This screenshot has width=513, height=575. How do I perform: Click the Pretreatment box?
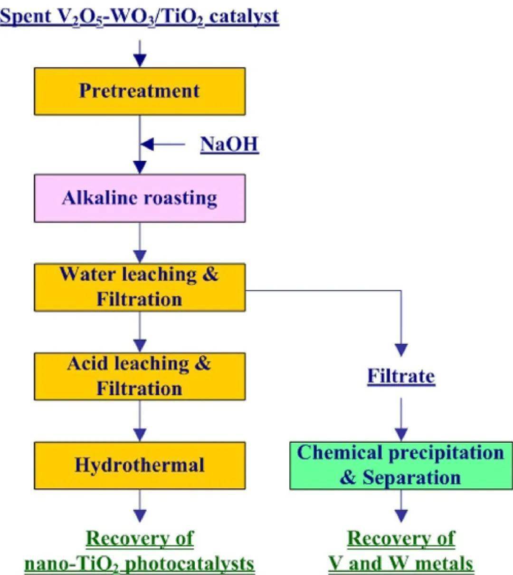[x=140, y=91]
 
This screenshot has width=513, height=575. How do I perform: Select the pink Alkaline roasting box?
[x=140, y=198]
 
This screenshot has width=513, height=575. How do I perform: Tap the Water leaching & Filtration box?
[x=140, y=287]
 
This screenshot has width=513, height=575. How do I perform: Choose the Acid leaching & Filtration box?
[x=140, y=376]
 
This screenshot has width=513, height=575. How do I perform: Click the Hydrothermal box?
[x=140, y=465]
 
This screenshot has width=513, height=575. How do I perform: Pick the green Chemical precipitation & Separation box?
[x=401, y=465]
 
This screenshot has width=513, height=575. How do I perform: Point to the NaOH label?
[x=229, y=144]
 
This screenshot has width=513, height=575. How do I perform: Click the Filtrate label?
[x=401, y=376]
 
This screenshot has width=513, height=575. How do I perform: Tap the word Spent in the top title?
[x=26, y=16]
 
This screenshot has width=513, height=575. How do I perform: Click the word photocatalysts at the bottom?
[x=191, y=564]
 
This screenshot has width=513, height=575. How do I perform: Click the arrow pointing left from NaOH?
[x=161, y=144]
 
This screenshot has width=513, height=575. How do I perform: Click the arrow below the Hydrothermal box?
[x=140, y=506]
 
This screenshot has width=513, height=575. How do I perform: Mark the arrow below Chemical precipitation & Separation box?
[x=401, y=506]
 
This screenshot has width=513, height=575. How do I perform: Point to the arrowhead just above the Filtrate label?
[x=401, y=350]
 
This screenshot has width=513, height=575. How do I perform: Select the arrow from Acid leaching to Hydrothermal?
[x=140, y=421]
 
